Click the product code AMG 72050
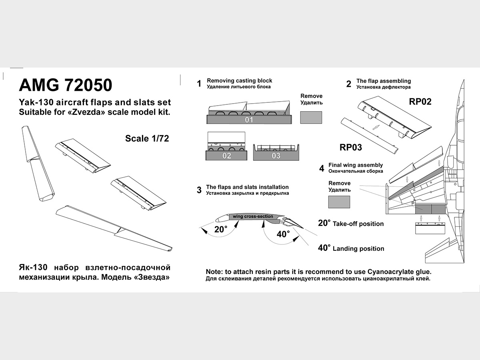pyautogui.click(x=66, y=85)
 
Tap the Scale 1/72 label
pyautogui.click(x=147, y=138)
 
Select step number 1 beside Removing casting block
pyautogui.click(x=199, y=84)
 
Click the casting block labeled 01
pyautogui.click(x=249, y=120)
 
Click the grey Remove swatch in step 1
pyautogui.click(x=311, y=118)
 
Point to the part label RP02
pyautogui.click(x=420, y=102)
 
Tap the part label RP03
pyautogui.click(x=351, y=147)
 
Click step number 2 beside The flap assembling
pyautogui.click(x=348, y=84)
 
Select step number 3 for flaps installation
pyautogui.click(x=199, y=190)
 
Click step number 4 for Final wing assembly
pyautogui.click(x=322, y=168)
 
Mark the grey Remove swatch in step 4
pyautogui.click(x=339, y=202)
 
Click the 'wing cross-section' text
pyautogui.click(x=253, y=216)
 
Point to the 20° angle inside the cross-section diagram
pyautogui.click(x=220, y=230)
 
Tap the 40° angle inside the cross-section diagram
pyautogui.click(x=283, y=234)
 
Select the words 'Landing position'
pyautogui.click(x=358, y=249)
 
